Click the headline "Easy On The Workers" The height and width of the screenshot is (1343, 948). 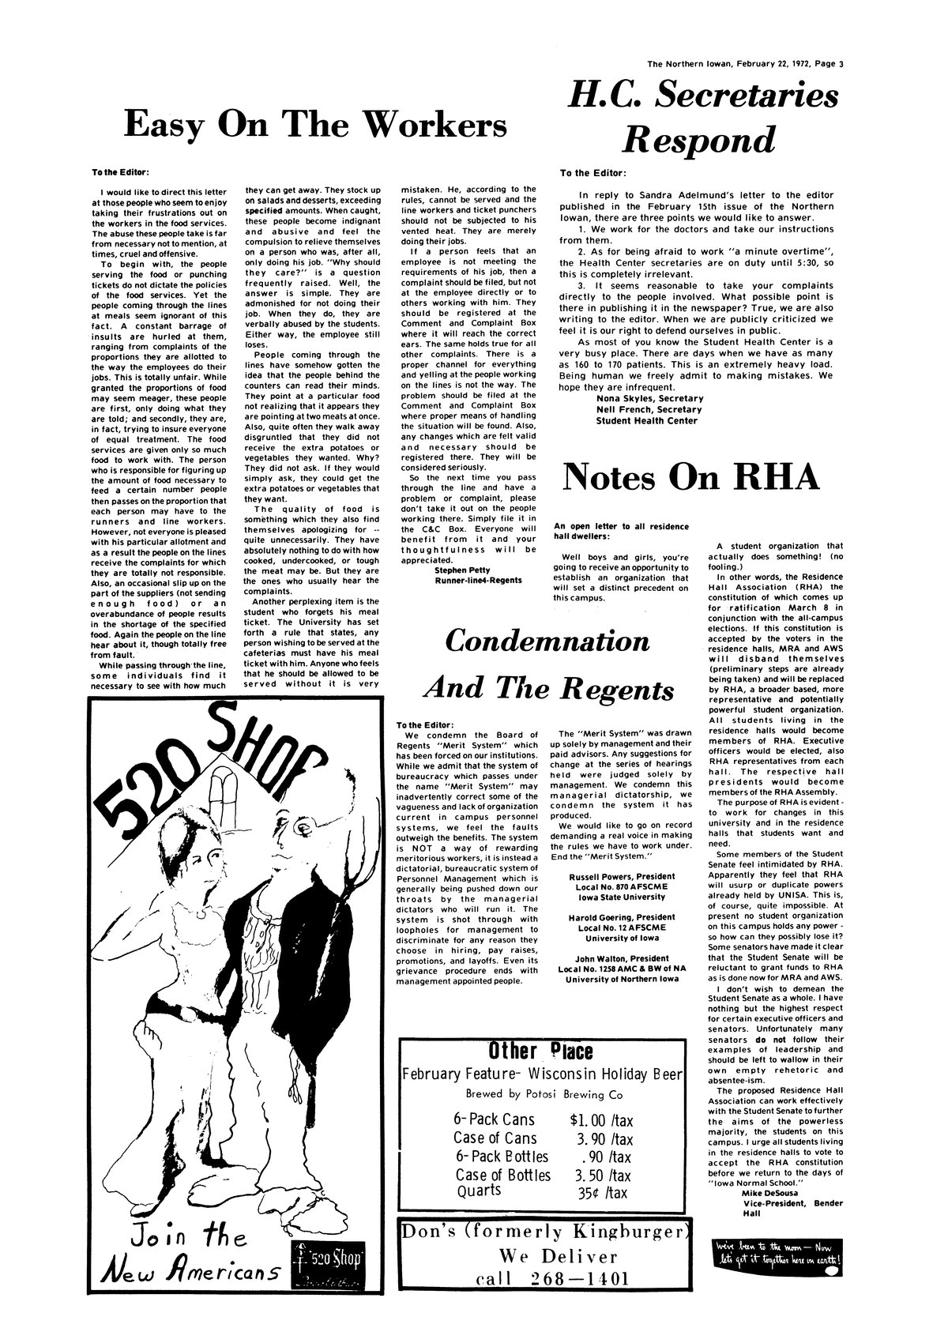pos(316,124)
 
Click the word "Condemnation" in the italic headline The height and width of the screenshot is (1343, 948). pos(550,641)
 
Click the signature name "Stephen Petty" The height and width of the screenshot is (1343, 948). pos(463,569)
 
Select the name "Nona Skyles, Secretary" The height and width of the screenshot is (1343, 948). pos(649,399)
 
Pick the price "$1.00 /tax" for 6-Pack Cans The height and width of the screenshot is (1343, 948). pos(601,1120)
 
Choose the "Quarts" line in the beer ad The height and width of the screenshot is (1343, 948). pos(479,1190)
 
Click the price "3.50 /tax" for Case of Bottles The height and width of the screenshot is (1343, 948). pos(604,1175)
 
